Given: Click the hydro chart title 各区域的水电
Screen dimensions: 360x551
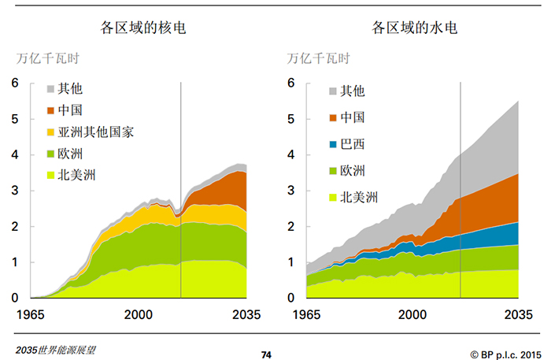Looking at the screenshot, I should [415, 28].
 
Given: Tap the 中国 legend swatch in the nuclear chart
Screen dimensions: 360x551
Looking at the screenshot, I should [52, 110].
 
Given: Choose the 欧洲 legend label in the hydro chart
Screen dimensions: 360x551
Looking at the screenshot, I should [353, 171].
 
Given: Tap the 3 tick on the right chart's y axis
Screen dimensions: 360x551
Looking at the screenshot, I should [291, 191].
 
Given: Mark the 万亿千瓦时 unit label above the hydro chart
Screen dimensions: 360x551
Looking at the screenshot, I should [319, 58].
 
